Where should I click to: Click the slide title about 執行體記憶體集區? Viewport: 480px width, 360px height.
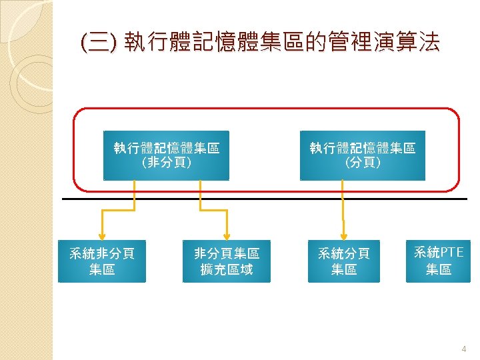coord(259,44)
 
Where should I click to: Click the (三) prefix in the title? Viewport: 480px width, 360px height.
coord(97,44)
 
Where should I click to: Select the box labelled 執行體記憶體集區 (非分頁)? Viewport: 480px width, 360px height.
coord(166,155)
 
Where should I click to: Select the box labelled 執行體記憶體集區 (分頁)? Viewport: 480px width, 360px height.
coord(362,155)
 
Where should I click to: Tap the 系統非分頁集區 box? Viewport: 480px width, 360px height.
coord(102,261)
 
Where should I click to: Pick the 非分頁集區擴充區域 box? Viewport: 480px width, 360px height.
coord(227,261)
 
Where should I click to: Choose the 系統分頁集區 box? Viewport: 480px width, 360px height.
coord(343,261)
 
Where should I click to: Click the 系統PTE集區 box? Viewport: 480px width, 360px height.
coord(438,261)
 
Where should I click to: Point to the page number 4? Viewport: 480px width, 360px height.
coord(465,349)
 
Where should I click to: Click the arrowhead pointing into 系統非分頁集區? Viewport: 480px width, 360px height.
coord(102,235)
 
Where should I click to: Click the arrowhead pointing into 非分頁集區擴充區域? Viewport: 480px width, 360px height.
coord(227,235)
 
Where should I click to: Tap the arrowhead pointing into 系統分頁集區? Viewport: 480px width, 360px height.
coord(343,235)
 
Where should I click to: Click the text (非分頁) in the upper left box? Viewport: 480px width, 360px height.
coord(166,163)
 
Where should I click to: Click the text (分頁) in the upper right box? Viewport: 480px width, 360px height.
coord(362,163)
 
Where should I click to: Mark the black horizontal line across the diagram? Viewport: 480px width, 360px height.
coord(267,199)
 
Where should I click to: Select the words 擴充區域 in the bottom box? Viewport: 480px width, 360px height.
coord(227,270)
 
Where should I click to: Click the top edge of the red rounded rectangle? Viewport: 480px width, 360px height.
coord(267,108)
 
